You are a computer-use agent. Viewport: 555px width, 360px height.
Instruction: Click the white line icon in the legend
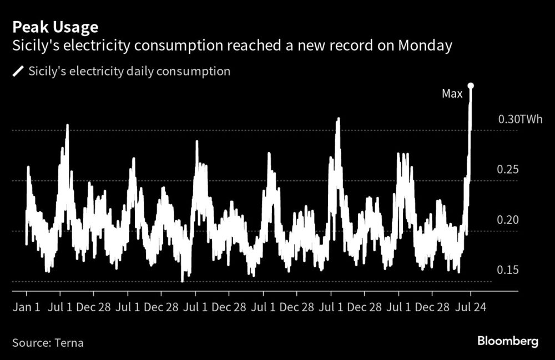[18, 72]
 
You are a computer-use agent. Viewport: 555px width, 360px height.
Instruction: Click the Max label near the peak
[452, 94]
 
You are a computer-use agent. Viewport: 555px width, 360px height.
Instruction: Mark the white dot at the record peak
[471, 85]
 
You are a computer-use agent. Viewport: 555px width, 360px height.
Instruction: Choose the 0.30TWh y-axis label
[519, 119]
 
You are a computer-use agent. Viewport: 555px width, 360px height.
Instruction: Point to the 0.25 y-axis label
[508, 169]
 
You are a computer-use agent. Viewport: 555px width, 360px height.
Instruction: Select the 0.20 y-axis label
[508, 220]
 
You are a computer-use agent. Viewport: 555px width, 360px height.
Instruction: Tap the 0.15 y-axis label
[508, 270]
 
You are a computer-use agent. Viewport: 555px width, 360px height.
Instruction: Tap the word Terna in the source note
[69, 342]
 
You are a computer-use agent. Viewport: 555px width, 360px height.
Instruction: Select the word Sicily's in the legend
[46, 72]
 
